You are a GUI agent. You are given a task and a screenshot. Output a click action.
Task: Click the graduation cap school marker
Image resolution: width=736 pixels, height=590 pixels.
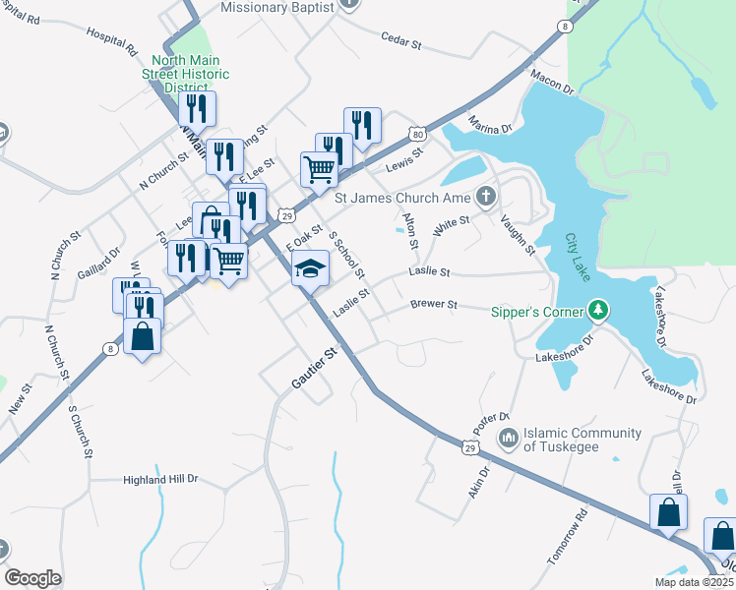click(x=309, y=266)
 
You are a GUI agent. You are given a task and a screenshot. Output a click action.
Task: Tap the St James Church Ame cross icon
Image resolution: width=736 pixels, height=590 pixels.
click(x=484, y=196)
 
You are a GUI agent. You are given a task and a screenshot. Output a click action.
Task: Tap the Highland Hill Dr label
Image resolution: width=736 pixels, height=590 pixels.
click(x=160, y=479)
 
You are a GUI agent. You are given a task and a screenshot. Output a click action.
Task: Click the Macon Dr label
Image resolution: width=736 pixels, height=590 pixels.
click(x=551, y=81)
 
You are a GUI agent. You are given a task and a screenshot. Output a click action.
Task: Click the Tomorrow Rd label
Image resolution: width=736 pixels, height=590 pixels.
click(x=568, y=537)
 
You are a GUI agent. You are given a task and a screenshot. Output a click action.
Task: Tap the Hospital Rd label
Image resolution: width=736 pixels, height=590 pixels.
click(x=111, y=37)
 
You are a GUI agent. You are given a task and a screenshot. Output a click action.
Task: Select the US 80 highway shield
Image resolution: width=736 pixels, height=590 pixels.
click(x=419, y=134)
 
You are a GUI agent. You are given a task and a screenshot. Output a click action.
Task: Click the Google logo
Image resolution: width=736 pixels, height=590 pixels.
click(x=32, y=578)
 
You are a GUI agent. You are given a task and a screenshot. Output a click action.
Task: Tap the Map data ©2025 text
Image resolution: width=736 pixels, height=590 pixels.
click(x=694, y=582)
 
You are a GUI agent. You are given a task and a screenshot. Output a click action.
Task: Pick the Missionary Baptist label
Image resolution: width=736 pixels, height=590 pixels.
click(x=279, y=7)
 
